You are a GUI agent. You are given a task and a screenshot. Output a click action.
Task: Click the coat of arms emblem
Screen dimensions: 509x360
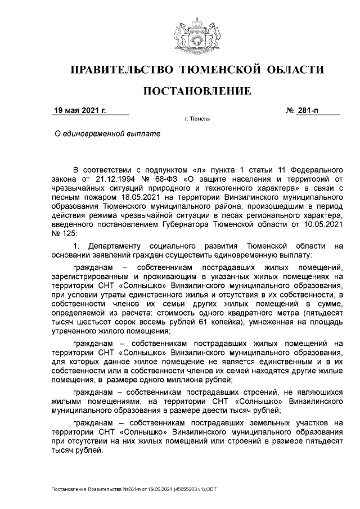(x=197, y=34)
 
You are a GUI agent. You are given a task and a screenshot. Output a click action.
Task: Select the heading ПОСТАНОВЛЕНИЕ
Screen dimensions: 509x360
(x=197, y=91)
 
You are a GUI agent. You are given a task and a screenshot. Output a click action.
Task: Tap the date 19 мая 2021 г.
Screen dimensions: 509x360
(x=79, y=111)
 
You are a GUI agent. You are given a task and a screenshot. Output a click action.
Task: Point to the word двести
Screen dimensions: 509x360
(x=215, y=411)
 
